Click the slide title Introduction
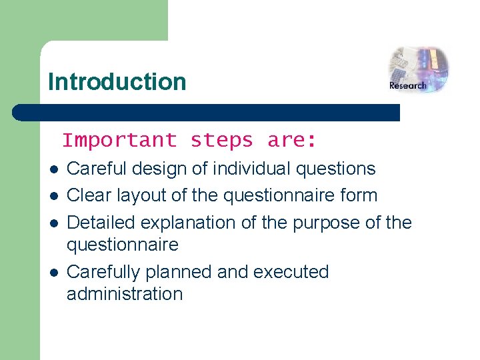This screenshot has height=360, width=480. [x=117, y=82]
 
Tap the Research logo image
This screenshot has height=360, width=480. [x=418, y=69]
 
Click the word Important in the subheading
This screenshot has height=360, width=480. [x=119, y=141]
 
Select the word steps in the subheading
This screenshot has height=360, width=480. [x=221, y=141]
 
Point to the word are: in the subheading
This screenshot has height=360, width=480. [x=291, y=141]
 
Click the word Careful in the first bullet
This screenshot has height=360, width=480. [x=97, y=169]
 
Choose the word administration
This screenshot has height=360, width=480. [x=124, y=294]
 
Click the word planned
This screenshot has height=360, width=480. [x=182, y=273]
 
